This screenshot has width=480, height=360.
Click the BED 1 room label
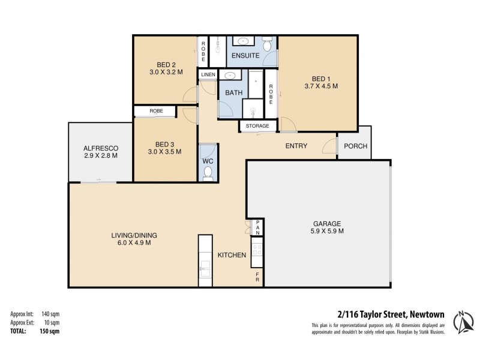coord(321,79)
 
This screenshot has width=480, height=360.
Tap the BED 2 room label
coord(166,65)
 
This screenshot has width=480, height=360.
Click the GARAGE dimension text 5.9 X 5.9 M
coord(327,231)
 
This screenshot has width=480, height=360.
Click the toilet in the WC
coord(208,173)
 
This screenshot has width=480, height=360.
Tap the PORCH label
coord(355,146)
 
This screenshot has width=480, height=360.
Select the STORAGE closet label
coord(258,126)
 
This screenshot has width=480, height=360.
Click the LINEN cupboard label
coord(208,75)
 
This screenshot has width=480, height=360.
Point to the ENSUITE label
coord(245,56)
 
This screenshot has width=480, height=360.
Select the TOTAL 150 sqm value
coord(50,331)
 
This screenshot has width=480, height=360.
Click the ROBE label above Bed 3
coord(156,111)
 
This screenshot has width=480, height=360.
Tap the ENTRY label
coord(296,146)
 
